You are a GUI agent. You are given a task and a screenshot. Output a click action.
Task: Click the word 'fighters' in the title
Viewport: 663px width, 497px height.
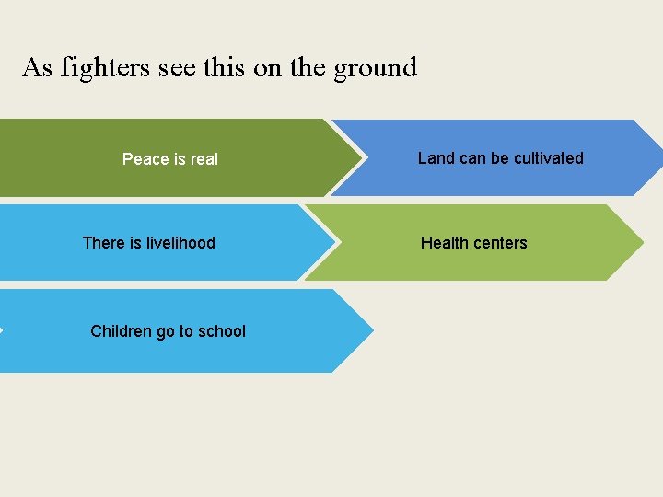103,67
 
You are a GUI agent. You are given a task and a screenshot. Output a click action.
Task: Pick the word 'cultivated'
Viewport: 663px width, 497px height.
549,158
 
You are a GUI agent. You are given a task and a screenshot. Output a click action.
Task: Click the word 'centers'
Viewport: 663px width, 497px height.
501,243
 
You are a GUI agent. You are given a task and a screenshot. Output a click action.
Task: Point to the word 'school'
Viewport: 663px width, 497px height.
222,331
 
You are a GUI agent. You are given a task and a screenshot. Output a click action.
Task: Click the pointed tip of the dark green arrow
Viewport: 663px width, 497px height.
361,158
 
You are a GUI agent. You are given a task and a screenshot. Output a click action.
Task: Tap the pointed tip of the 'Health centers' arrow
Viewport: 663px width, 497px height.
643,243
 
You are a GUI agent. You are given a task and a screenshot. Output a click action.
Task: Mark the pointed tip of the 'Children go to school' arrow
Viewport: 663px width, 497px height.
373,330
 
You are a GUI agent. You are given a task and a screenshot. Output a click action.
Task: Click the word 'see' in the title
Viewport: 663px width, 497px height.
176,67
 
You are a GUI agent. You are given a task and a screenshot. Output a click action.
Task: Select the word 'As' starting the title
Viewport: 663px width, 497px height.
37,67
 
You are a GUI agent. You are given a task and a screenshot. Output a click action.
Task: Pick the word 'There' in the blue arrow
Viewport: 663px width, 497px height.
103,243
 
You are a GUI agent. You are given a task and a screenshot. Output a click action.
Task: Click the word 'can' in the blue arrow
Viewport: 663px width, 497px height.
472,158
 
